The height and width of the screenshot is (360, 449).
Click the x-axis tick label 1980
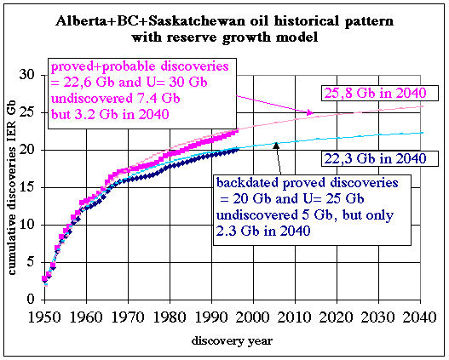(x=170, y=317)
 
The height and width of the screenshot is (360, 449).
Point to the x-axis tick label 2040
(x=420, y=317)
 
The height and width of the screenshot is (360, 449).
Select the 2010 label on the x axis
(x=295, y=317)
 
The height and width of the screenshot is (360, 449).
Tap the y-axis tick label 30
(x=27, y=75)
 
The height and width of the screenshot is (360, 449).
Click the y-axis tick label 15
(x=27, y=187)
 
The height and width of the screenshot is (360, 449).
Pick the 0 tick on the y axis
(x=31, y=300)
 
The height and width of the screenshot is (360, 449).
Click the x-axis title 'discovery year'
(x=232, y=340)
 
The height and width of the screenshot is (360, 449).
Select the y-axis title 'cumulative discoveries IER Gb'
(x=12, y=187)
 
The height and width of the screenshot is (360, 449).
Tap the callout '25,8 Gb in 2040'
(x=376, y=94)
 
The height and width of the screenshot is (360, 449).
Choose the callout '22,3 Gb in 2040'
(x=376, y=158)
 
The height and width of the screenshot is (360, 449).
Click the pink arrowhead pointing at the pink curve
(x=310, y=112)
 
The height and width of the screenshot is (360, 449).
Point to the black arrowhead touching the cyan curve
(x=276, y=146)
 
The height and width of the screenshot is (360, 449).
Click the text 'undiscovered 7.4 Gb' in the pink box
(x=115, y=99)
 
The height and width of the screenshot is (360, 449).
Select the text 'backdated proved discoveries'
(x=308, y=183)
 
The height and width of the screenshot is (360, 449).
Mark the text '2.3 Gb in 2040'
(x=263, y=231)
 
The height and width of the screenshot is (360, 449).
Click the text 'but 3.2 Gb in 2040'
(x=110, y=114)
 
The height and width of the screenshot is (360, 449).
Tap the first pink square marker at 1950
(x=44, y=278)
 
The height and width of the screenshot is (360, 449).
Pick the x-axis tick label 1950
(x=44, y=317)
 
